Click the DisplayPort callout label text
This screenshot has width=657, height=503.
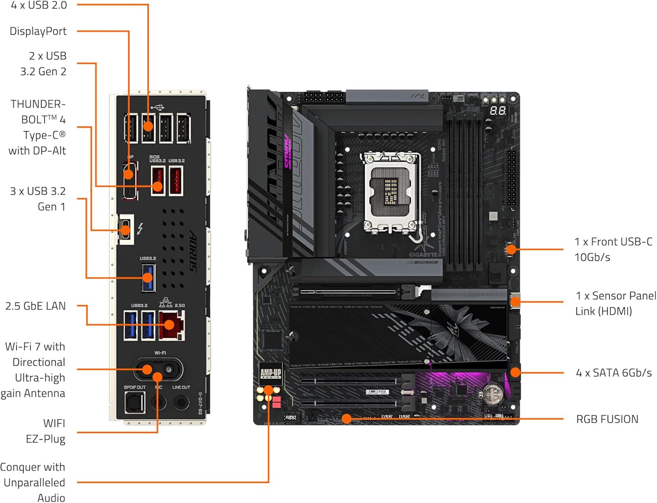[x=38, y=31]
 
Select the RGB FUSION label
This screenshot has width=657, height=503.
[x=607, y=419]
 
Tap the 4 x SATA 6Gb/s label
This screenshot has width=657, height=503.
[x=614, y=373]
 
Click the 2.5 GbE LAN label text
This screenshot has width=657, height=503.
[x=35, y=306]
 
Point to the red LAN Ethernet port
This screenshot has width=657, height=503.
[x=171, y=325]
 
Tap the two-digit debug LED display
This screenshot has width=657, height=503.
[x=497, y=111]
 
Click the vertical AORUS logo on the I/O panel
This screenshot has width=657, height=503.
[x=193, y=251]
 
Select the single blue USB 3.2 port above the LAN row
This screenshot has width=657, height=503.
[x=148, y=277]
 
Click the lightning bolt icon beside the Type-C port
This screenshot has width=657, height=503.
[x=140, y=228]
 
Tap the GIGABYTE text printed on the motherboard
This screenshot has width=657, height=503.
[x=423, y=254]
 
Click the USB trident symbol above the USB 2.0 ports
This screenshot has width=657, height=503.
[x=157, y=107]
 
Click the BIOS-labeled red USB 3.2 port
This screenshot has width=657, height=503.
[x=158, y=180]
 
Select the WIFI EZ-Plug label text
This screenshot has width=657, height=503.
[x=46, y=431]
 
